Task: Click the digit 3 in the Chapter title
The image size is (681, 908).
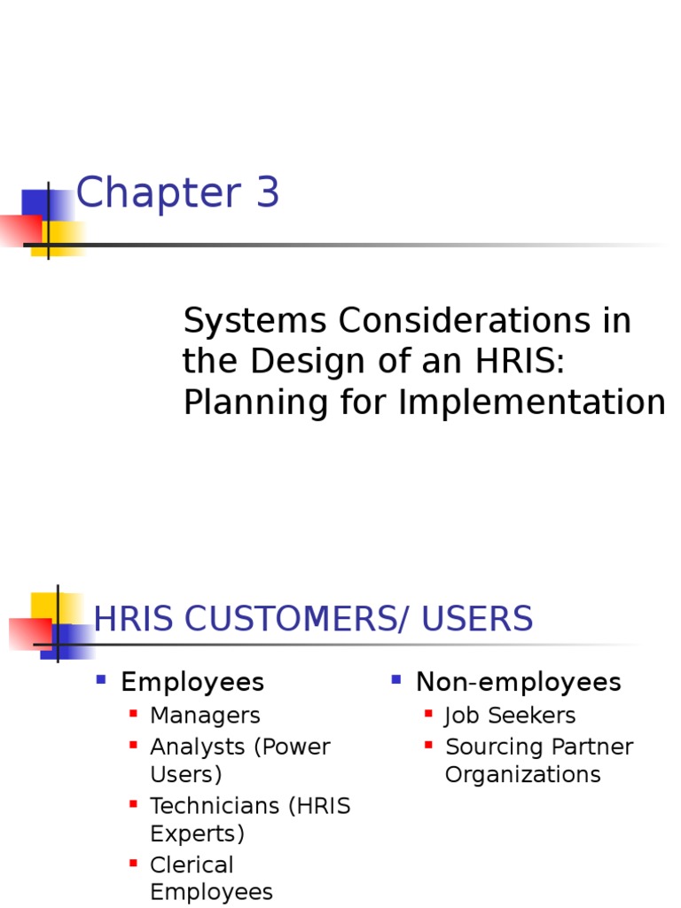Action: tap(267, 194)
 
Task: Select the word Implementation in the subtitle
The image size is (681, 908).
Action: tap(532, 403)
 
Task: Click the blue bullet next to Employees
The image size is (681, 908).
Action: tap(101, 680)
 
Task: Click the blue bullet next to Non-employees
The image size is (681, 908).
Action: tap(396, 680)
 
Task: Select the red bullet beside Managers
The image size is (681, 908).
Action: tap(133, 713)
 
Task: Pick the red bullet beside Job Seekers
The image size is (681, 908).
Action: tap(428, 713)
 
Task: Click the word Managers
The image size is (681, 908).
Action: tap(205, 715)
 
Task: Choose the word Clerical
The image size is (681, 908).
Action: tap(192, 865)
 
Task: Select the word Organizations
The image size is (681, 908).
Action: tap(522, 774)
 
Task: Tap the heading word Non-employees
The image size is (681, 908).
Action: tap(519, 682)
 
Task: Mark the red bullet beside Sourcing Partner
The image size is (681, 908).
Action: tap(428, 745)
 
